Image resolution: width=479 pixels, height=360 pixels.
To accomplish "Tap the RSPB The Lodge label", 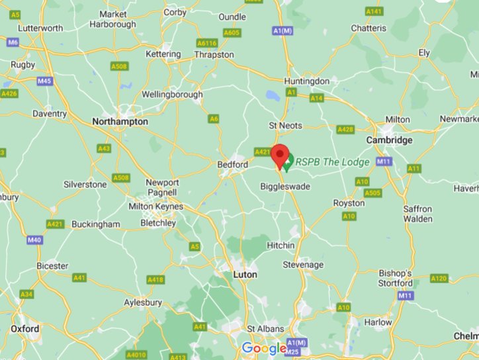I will pyautogui.click(x=331, y=162).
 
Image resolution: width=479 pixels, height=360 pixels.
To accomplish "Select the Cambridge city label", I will pyautogui.click(x=390, y=140).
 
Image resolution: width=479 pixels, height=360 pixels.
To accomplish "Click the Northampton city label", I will pyautogui.click(x=120, y=122).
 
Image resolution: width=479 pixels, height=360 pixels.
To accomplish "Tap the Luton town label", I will pyautogui.click(x=245, y=274).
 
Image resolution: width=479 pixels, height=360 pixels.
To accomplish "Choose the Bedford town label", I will pyautogui.click(x=233, y=164).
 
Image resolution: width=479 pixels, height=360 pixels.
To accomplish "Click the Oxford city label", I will pyautogui.click(x=24, y=328).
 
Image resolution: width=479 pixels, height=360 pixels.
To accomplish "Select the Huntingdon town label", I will pyautogui.click(x=306, y=81).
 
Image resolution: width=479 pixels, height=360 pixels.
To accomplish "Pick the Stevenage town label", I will pyautogui.click(x=303, y=265).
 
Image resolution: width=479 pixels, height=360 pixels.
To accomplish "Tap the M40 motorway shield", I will pyautogui.click(x=34, y=240).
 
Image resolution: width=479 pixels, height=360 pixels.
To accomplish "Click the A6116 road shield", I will pyautogui.click(x=207, y=43).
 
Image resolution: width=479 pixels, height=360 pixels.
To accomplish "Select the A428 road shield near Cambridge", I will pyautogui.click(x=345, y=129).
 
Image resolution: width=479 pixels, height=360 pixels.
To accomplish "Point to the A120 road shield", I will pyautogui.click(x=439, y=279).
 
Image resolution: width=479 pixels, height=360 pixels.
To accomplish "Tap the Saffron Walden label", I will pyautogui.click(x=417, y=214).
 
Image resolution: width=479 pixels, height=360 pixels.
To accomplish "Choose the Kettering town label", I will pyautogui.click(x=164, y=54).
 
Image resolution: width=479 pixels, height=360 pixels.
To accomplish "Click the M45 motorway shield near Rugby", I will pyautogui.click(x=44, y=81).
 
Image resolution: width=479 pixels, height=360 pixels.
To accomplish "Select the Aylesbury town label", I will pyautogui.click(x=144, y=302).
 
